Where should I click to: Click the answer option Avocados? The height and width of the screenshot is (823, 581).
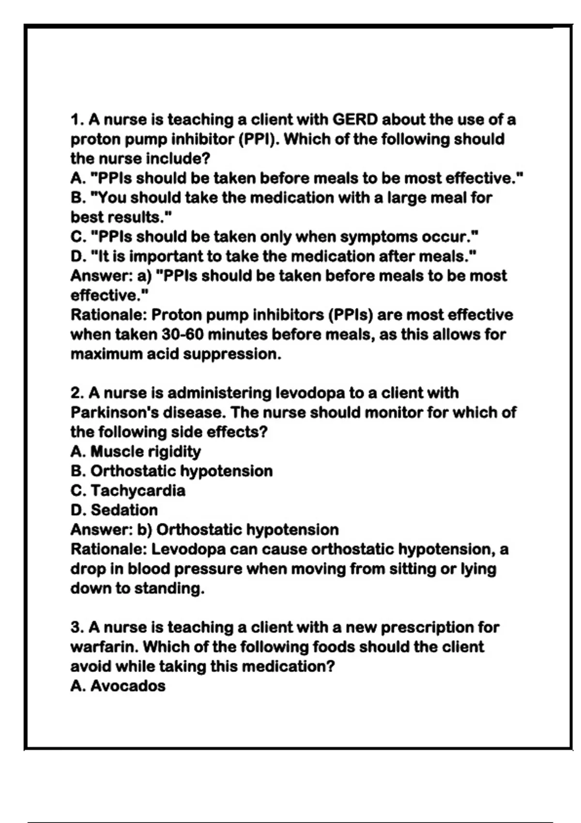tap(128, 686)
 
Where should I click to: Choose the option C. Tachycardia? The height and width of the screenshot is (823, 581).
tap(128, 490)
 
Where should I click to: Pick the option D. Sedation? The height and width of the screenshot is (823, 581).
tap(114, 510)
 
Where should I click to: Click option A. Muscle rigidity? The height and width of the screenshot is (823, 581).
tap(136, 452)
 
